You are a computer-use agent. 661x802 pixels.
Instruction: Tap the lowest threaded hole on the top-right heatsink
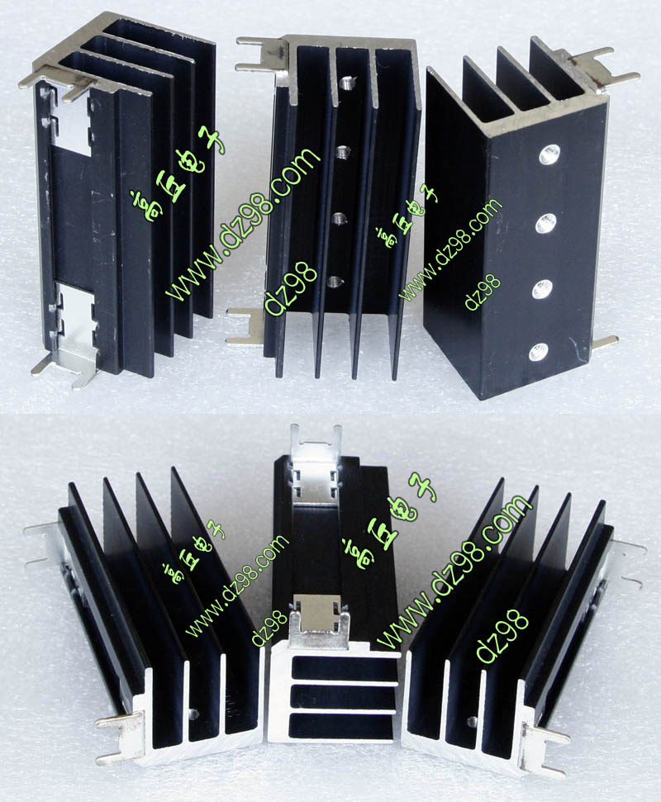coord(538,352)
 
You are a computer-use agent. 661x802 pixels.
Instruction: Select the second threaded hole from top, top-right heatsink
coord(546,223)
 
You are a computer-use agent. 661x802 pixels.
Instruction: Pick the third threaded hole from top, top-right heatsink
coord(541,290)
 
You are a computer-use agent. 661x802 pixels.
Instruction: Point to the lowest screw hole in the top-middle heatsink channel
coord(335,281)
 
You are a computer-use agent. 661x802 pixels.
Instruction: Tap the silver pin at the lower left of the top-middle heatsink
coord(245,326)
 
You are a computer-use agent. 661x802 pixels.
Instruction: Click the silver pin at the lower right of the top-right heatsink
coord(604,342)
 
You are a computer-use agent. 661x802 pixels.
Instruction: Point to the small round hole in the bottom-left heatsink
coord(194,714)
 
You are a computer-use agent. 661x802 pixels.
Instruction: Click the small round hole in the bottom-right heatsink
coord(472,722)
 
